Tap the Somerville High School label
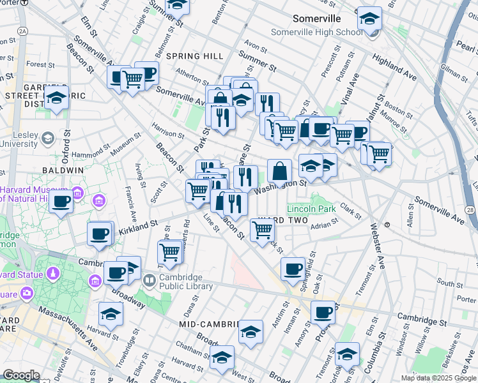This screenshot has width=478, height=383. coord(316,33)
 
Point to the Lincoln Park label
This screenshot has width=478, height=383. coord(311,209)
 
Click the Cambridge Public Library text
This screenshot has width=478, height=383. coord(181,282)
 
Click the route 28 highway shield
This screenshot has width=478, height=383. coord(470,210)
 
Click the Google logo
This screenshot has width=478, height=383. coord(21,375)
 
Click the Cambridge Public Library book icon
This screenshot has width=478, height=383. coord(150,280)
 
